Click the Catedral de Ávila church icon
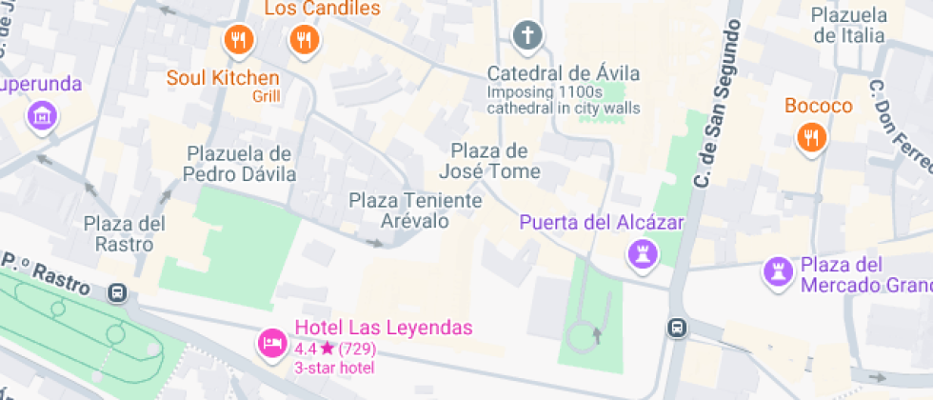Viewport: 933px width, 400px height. (526, 38)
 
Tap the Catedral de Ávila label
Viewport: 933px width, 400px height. (564, 74)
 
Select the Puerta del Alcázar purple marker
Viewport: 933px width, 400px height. (643, 254)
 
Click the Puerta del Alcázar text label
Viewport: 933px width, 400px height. (602, 223)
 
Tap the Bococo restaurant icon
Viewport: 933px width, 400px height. (810, 139)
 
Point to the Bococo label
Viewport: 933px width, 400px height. (818, 106)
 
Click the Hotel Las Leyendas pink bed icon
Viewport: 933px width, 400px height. (270, 343)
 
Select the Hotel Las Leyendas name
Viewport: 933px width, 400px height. (384, 329)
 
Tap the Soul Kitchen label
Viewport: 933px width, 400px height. (224, 78)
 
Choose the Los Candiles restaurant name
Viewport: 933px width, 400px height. (322, 9)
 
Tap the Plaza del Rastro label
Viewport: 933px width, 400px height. (125, 233)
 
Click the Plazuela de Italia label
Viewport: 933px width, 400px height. (848, 25)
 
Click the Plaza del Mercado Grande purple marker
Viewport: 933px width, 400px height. (779, 272)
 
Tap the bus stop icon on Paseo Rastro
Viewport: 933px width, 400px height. (118, 293)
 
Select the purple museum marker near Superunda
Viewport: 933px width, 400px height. (42, 117)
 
